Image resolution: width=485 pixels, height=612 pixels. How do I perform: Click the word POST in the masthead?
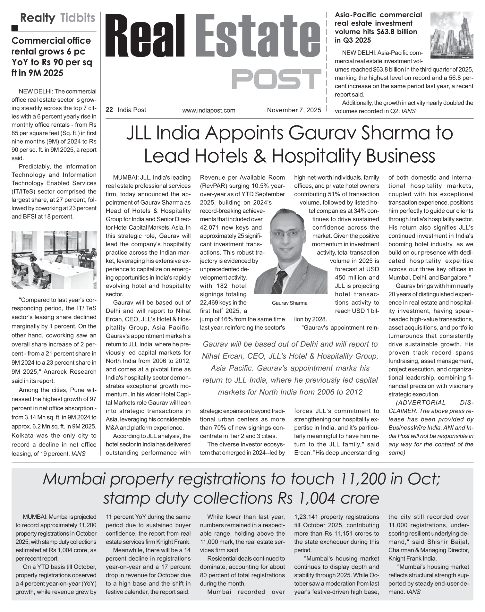point(276,79)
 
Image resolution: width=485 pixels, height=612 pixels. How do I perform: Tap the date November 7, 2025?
point(294,110)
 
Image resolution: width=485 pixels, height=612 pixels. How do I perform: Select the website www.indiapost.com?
point(208,111)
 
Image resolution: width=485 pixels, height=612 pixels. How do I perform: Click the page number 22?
point(109,110)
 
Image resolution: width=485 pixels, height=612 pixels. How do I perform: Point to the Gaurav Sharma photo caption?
point(289,303)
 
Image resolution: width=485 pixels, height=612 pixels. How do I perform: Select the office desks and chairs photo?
point(54,259)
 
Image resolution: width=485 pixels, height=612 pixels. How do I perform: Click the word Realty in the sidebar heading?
point(38,18)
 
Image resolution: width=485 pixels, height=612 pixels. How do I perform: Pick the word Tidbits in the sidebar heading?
point(78,18)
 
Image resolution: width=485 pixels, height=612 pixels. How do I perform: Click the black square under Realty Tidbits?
point(14,28)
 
